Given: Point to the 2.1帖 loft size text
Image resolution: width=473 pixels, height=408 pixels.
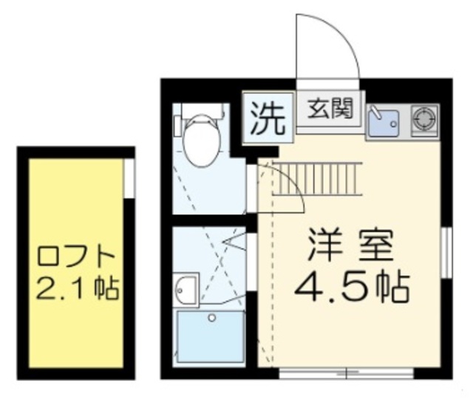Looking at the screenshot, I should tap(76, 288).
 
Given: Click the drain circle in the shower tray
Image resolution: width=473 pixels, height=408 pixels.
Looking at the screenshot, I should tap(212, 319).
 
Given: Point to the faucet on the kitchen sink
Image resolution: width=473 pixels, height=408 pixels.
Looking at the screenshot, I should tap(375, 113).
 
